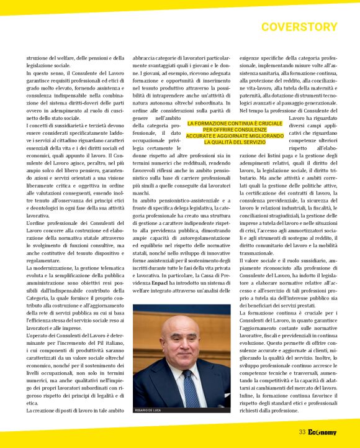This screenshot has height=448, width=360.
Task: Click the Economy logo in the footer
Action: [322, 432]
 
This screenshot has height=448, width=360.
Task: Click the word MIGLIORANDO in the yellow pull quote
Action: [259, 136]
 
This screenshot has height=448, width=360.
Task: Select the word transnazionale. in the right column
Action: [261, 254]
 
